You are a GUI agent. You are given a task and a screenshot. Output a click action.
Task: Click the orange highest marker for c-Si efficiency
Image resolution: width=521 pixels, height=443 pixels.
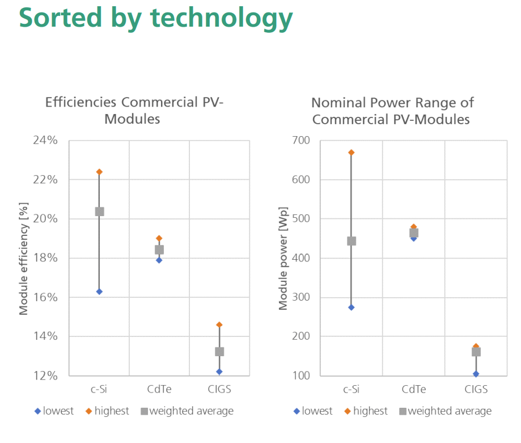[99, 172]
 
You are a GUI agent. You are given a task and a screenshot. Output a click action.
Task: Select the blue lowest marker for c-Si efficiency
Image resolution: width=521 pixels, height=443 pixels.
[99, 292]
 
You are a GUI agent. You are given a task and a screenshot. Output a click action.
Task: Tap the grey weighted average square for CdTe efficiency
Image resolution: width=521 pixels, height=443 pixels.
[159, 250]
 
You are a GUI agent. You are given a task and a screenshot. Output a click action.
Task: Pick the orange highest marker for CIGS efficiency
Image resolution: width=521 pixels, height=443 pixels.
[219, 325]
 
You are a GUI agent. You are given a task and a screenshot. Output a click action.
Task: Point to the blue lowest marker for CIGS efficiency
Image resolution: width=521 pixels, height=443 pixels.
[219, 372]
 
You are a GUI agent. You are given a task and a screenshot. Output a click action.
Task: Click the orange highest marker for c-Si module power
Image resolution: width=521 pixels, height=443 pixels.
[351, 153]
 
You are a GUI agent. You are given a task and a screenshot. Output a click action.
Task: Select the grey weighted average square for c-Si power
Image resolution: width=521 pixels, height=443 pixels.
[351, 241]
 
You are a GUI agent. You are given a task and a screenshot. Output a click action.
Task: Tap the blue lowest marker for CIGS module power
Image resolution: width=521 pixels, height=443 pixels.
[476, 374]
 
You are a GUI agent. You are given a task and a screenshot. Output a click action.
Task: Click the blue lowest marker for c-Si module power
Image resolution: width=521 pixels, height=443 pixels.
[351, 307]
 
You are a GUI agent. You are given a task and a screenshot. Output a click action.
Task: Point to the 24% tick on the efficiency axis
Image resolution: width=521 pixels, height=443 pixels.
[44, 141]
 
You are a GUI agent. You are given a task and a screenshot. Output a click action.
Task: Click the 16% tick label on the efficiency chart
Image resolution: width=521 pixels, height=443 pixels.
[44, 297]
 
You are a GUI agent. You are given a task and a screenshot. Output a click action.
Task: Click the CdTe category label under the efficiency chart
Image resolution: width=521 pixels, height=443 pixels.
[159, 390]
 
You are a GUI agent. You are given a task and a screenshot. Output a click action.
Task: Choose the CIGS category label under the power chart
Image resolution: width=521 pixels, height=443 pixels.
[476, 390]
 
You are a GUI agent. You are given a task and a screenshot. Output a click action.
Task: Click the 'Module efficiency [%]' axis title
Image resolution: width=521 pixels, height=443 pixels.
[24, 258]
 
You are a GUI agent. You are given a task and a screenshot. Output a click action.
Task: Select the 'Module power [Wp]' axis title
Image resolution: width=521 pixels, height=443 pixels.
[283, 258]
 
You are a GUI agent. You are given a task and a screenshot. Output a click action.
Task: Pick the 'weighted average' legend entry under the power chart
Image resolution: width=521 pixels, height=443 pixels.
[450, 411]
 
